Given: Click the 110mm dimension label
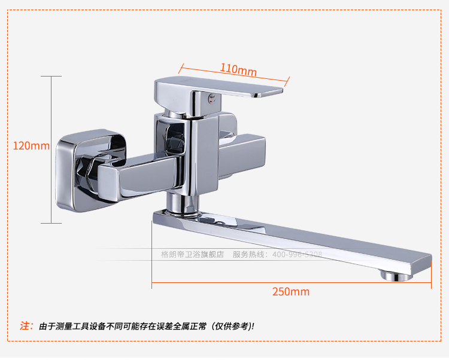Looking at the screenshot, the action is [x=238, y=69].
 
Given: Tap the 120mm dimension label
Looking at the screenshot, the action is [x=31, y=145].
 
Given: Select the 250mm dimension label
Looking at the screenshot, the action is [x=291, y=292].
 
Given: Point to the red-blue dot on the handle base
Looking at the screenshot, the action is [x=209, y=97].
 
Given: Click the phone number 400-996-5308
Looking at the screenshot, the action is [x=297, y=254].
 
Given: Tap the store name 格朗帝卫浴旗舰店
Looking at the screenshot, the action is [x=192, y=254].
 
